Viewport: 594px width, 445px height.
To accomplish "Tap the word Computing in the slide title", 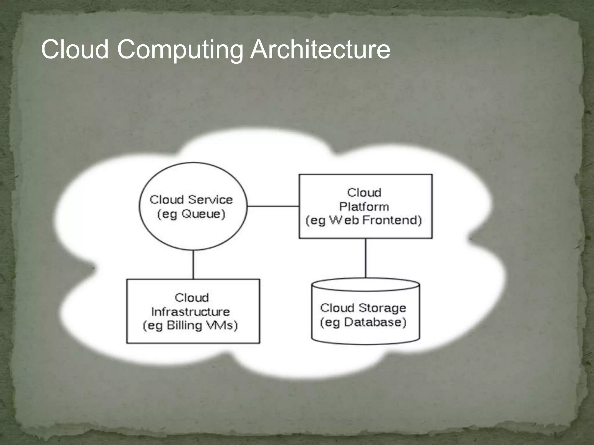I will tap(180, 50).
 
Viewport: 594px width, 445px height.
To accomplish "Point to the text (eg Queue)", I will tap(191, 214).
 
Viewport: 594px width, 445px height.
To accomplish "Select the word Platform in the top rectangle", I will tap(364, 207).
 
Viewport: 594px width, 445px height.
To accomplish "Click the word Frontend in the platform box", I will tap(392, 220).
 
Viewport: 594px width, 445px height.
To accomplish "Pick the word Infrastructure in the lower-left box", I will tap(191, 312).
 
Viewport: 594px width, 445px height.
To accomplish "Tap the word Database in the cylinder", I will tap(375, 322).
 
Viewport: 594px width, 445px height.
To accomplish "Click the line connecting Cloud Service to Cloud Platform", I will tap(273, 206).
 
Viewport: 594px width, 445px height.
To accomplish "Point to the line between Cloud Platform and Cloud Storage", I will tap(365, 258).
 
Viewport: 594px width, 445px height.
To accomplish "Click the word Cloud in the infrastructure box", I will tap(192, 298).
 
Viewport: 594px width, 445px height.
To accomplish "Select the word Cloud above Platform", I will tap(364, 193).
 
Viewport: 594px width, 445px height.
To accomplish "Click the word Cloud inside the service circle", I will tap(167, 200).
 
